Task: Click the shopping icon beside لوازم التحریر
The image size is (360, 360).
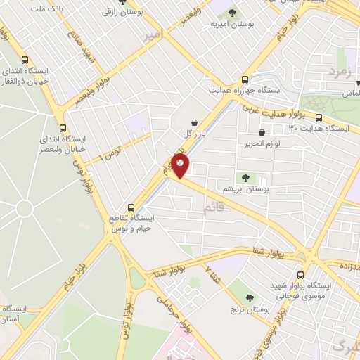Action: [262, 132]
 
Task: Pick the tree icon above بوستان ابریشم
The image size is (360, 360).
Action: [245, 178]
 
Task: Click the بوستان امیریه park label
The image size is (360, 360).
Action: [231, 25]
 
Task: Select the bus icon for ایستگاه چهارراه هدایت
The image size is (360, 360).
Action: [245, 79]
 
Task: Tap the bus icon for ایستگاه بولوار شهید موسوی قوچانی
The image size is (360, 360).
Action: [301, 275]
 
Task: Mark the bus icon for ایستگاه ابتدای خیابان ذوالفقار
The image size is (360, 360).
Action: [26, 60]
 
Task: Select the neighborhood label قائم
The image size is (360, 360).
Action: [214, 207]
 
